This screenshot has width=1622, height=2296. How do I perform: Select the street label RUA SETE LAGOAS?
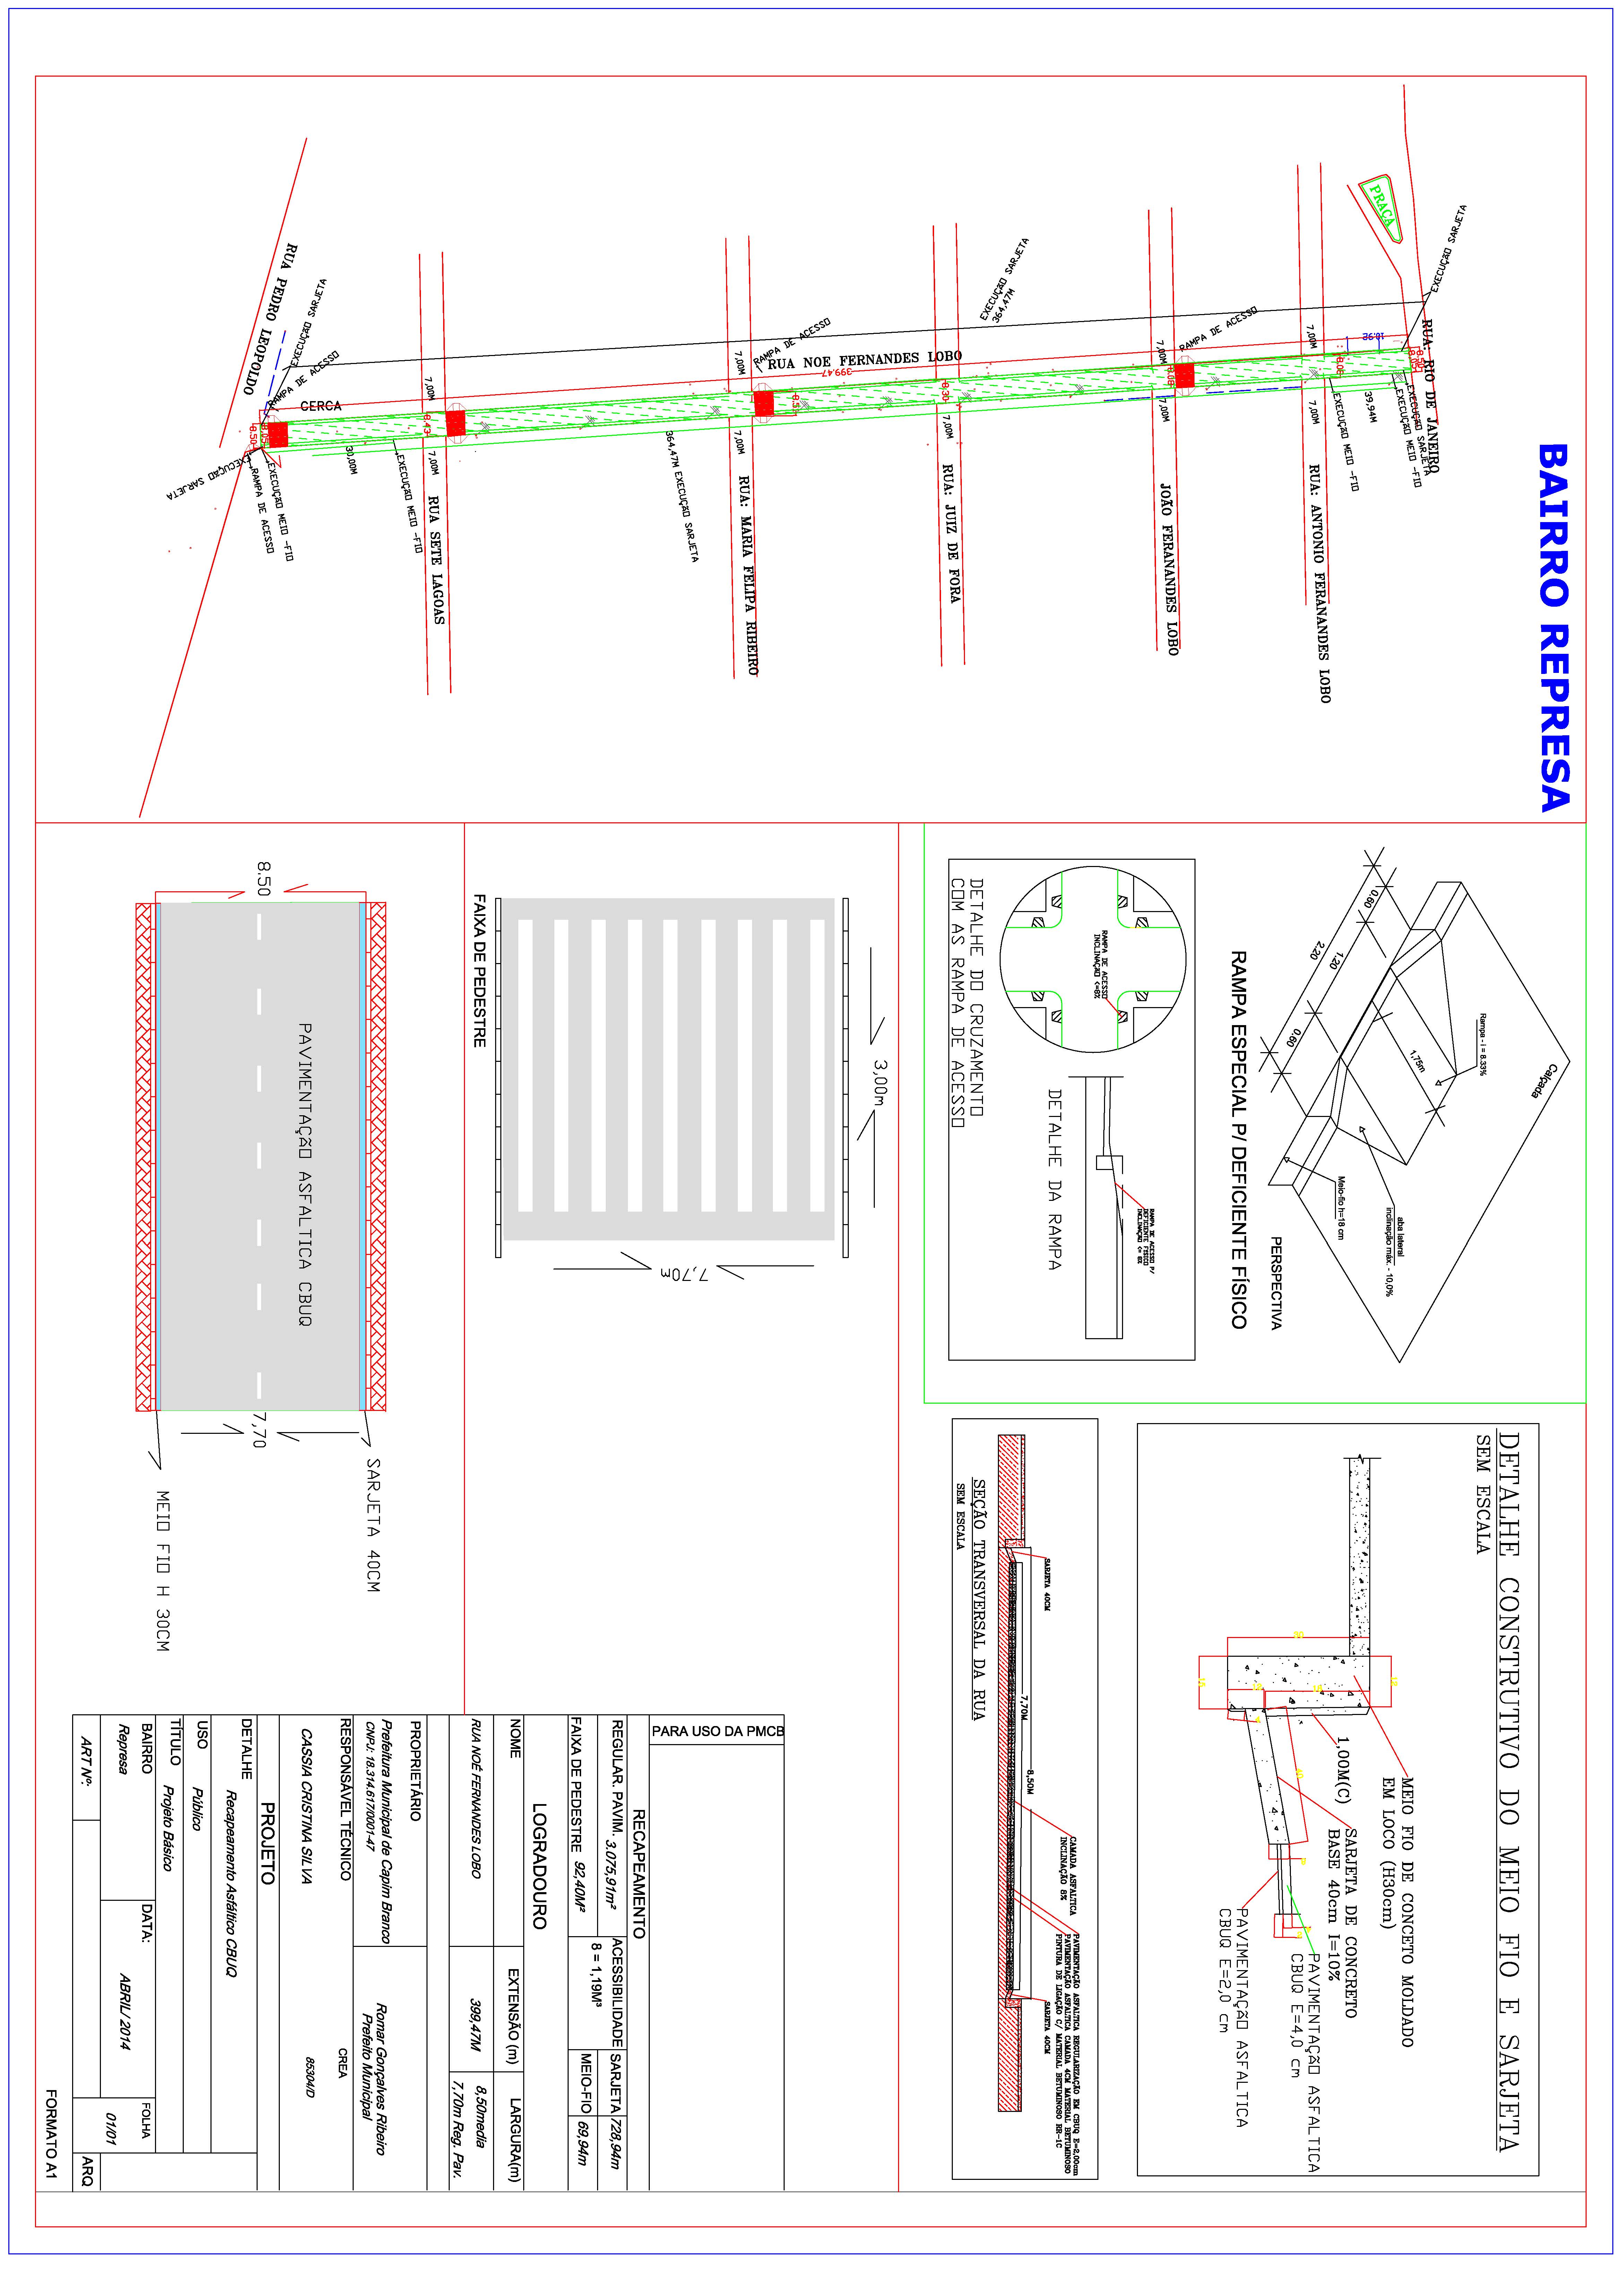coord(436,560)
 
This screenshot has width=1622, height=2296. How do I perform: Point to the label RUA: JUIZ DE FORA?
coord(951,533)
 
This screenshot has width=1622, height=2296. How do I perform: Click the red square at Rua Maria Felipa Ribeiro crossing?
coord(763,403)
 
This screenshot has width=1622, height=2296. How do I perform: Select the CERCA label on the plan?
coord(321,406)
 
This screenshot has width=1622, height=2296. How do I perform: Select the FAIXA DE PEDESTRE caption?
coord(479,970)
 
